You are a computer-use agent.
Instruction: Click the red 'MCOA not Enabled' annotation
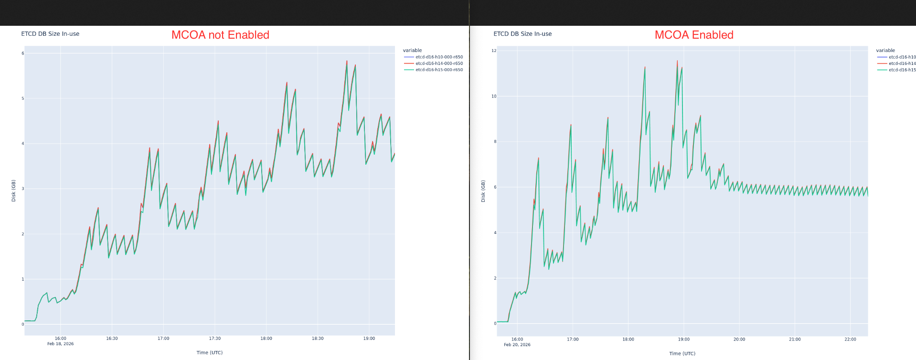click(x=220, y=35)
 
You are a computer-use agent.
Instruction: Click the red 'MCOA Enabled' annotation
click(x=693, y=35)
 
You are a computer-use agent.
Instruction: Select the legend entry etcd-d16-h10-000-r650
click(x=438, y=57)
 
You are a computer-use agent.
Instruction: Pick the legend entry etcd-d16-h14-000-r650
click(x=438, y=64)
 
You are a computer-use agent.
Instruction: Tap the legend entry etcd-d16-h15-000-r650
click(x=438, y=70)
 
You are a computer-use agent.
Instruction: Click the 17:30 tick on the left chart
click(x=215, y=339)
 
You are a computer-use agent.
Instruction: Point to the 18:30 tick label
click(x=318, y=339)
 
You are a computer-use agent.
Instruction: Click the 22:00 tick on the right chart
click(x=850, y=339)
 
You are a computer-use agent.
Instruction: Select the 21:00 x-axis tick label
click(x=795, y=339)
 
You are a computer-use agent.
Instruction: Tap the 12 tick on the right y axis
click(x=494, y=51)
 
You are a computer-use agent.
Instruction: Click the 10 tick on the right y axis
click(x=494, y=96)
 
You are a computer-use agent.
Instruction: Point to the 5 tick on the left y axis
click(x=22, y=99)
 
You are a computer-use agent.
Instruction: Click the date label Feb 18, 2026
click(x=61, y=344)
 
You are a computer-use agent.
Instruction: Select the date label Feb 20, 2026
click(x=517, y=345)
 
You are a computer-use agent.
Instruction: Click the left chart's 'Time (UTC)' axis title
click(x=210, y=353)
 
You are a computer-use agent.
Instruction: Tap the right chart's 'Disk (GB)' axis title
click(x=483, y=191)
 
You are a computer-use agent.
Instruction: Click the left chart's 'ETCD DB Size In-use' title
click(x=50, y=34)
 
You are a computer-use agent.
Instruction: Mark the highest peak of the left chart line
click(x=347, y=61)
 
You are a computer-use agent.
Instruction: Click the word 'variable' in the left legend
click(x=412, y=50)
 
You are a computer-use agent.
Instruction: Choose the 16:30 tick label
click(x=112, y=339)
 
